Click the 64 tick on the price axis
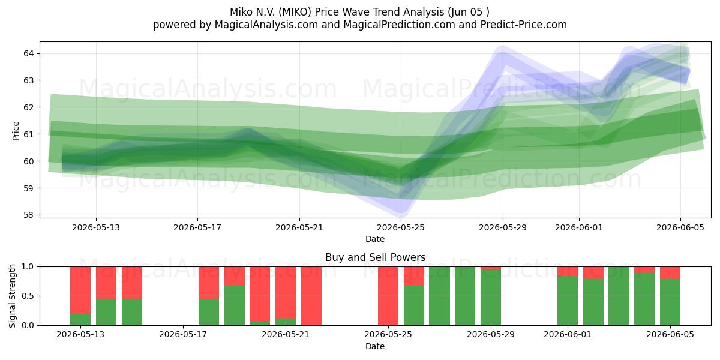pos(29,53)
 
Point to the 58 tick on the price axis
pos(29,215)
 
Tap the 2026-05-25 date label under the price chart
pos(401,228)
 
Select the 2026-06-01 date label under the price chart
pos(579,228)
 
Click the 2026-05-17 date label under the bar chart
pos(183,335)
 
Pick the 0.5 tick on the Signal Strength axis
pos(28,296)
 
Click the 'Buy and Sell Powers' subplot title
pos(375,257)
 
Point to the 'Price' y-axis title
pos(16,131)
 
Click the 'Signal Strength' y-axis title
pos(12,296)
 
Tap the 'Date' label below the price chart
pos(375,239)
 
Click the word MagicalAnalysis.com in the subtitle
pos(266,25)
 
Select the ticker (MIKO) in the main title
pos(295,12)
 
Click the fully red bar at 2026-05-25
pos(388,296)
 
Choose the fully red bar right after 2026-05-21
pos(311,296)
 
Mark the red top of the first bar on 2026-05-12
pos(80,290)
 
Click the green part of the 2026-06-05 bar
pos(670,302)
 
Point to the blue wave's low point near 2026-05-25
pos(402,211)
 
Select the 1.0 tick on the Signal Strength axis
pos(28,267)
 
